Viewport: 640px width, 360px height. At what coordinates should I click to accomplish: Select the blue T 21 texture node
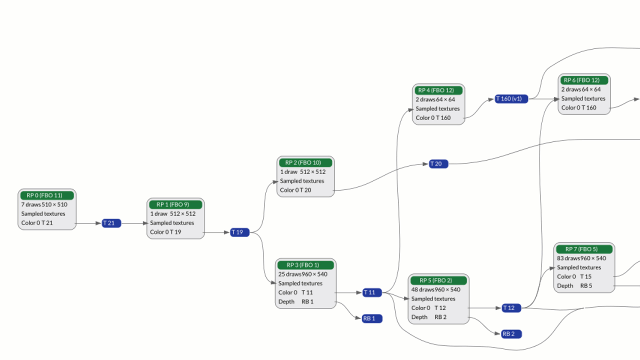tap(111, 223)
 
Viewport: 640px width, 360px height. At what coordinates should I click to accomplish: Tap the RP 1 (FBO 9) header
tap(175, 204)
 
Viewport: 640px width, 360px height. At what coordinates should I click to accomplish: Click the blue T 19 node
tap(239, 232)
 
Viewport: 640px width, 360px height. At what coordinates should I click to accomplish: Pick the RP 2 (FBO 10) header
tap(305, 162)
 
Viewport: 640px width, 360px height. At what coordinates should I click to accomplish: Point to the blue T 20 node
tap(438, 164)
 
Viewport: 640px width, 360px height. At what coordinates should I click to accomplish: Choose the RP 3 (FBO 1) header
tap(305, 265)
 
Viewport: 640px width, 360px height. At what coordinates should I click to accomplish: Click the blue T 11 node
tap(372, 292)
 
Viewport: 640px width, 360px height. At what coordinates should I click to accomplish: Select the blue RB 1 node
tap(372, 318)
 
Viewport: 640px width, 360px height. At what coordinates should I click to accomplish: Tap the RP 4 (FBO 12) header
tap(438, 90)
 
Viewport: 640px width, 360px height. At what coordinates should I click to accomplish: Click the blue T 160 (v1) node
tap(511, 98)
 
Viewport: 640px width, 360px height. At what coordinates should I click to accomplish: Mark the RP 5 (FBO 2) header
tap(438, 280)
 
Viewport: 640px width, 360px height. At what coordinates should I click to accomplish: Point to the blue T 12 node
tap(511, 308)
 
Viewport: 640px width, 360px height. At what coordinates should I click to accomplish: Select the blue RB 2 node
tap(511, 334)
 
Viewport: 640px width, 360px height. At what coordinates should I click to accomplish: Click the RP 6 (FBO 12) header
tap(584, 80)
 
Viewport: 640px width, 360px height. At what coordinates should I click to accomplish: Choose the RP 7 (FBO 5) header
tap(584, 249)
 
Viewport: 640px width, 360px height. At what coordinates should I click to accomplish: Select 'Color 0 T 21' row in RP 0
tap(37, 223)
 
